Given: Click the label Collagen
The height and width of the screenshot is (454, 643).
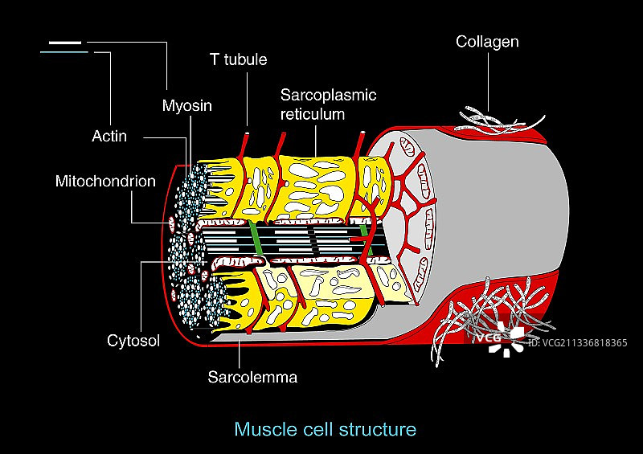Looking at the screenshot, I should point(487,41).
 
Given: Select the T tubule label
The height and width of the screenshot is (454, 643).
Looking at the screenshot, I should point(238,59).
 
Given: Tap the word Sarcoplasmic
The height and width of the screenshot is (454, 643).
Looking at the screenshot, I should point(328,95).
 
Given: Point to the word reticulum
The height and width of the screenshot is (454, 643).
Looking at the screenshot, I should point(313,114).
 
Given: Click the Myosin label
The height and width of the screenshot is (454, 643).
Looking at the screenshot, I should point(187,105).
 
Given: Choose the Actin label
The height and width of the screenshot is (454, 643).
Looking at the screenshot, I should point(109,136).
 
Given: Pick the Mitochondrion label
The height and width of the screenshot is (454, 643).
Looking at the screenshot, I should point(105,181).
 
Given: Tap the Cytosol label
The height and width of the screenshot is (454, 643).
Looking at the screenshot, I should point(133,341).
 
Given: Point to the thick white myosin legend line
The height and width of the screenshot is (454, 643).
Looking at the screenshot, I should point(65,42).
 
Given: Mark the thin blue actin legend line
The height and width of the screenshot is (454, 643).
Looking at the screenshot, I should point(63,53).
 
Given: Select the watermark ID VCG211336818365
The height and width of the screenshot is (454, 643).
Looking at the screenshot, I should point(577,343).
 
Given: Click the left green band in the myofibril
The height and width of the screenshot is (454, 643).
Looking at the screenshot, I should point(256,243).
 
